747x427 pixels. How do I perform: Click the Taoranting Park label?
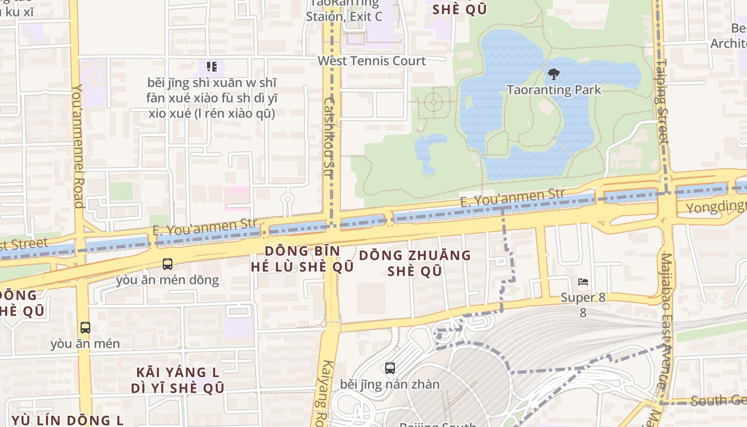[x=553, y=90]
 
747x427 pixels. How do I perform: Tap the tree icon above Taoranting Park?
[x=553, y=74]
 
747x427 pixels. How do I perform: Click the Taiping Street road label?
[x=662, y=101]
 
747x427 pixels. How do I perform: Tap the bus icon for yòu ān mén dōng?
[x=168, y=264]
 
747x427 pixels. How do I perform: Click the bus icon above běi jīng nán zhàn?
[x=390, y=368]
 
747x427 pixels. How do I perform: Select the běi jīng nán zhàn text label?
[x=390, y=384]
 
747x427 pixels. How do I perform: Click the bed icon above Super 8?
[x=583, y=281]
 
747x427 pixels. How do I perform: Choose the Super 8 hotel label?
[x=583, y=298]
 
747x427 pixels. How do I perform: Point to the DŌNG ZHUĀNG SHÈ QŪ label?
[x=415, y=263]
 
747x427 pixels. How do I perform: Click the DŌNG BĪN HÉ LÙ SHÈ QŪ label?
[x=303, y=259]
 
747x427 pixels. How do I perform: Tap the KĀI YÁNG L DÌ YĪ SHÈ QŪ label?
[x=178, y=380]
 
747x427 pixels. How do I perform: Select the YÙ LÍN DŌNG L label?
[x=67, y=420]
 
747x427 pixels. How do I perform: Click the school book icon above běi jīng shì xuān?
[x=212, y=67]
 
